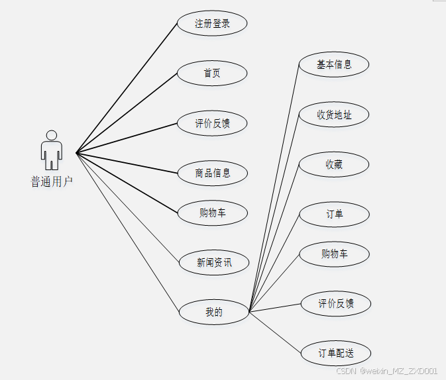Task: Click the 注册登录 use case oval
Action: coord(212,24)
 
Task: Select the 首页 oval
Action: coord(212,73)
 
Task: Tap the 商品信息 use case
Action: coord(213,173)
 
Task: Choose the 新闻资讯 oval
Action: coord(214,262)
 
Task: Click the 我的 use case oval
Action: coord(214,312)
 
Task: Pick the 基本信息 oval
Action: coord(334,65)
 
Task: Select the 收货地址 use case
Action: coord(334,115)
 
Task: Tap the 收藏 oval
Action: coord(334,164)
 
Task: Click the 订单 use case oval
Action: coord(334,214)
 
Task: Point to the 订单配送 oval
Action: coord(336,353)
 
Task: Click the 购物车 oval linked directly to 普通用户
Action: coord(213,213)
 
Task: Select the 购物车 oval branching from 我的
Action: coord(334,254)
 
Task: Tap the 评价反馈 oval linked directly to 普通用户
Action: coord(212,123)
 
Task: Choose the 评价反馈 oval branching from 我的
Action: coord(336,303)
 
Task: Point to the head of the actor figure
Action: coord(51,135)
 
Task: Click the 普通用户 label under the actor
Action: coord(52,181)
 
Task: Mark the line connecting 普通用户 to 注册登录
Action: coord(127,89)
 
